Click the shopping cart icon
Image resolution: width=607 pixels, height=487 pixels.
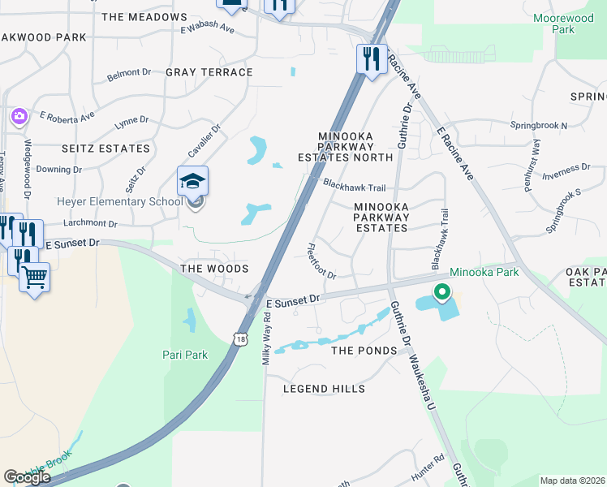tap(34, 278)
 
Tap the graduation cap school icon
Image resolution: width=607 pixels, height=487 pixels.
tap(193, 180)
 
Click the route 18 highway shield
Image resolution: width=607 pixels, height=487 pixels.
tap(239, 340)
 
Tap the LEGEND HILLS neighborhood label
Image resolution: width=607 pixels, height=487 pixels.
tap(324, 389)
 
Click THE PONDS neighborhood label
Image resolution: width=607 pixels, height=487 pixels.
tap(364, 351)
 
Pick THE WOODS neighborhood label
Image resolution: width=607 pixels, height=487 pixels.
tap(213, 268)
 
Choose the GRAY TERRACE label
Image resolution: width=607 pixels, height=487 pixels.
tap(209, 72)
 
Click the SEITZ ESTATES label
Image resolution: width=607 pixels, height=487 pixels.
tap(106, 149)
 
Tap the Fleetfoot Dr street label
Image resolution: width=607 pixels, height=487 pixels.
tap(322, 261)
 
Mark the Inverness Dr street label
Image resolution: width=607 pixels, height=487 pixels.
tap(566, 169)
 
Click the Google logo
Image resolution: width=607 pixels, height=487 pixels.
tap(27, 477)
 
